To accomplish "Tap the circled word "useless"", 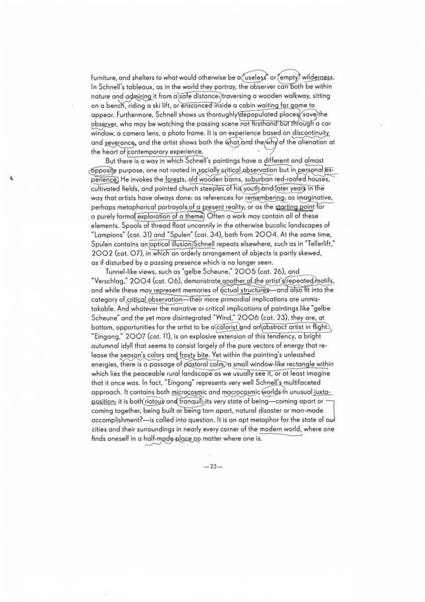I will pyautogui.click(x=257, y=78).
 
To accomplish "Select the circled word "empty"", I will pyautogui.click(x=290, y=78).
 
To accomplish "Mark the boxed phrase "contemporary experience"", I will pyautogui.click(x=166, y=151).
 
